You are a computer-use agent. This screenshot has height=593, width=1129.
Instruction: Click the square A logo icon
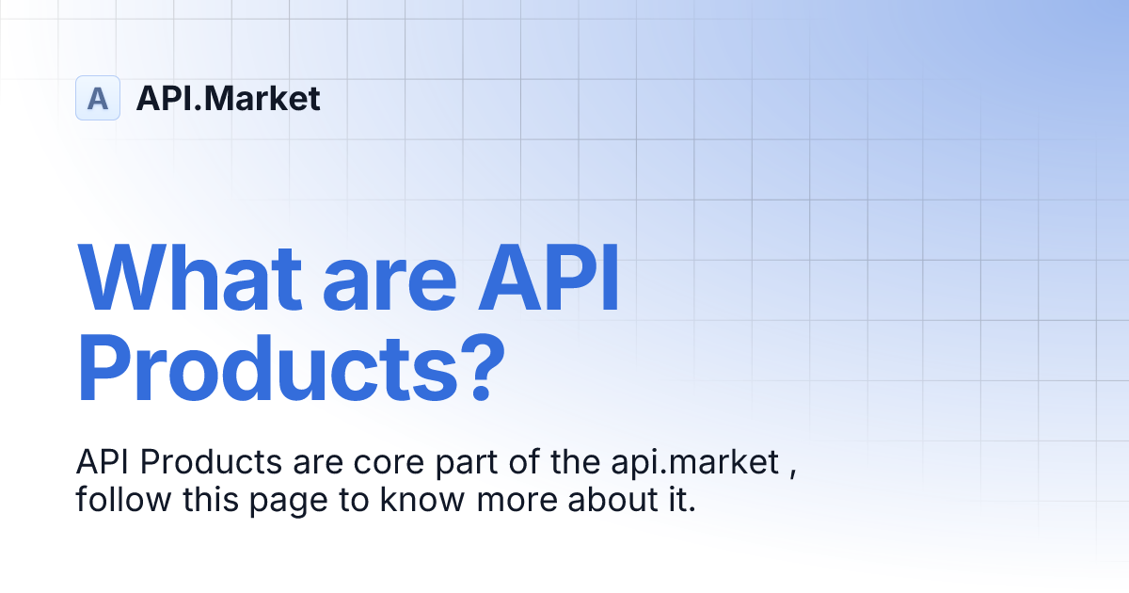(98, 98)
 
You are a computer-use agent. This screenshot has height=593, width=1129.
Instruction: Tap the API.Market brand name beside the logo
(228, 98)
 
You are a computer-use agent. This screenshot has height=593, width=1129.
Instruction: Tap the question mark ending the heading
(469, 373)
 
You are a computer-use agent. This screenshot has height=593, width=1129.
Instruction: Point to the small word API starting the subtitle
(98, 463)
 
